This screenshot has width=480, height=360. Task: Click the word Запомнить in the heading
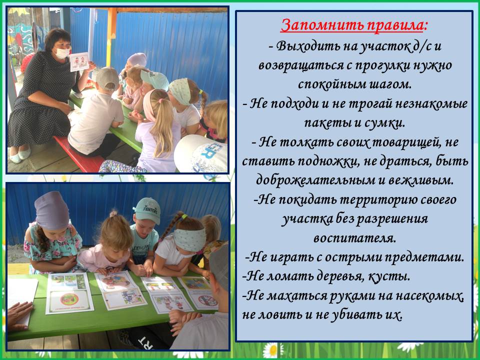[321, 25]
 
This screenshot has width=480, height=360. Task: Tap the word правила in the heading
[394, 25]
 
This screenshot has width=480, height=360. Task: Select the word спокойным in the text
[329, 84]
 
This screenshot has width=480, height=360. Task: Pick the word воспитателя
[355, 238]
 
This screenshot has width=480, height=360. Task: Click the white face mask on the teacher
[62, 53]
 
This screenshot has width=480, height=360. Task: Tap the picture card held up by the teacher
[79, 62]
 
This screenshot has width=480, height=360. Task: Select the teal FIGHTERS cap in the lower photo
[147, 209]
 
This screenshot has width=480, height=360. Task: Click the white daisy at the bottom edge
[272, 350]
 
